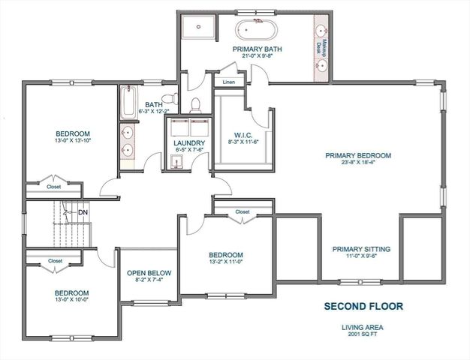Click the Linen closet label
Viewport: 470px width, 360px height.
click(228, 81)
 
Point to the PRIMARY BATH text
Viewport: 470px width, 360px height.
click(256, 49)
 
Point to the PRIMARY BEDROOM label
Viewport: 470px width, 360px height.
click(358, 156)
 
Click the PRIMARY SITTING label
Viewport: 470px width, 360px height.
click(361, 249)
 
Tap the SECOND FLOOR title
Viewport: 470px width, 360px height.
click(363, 306)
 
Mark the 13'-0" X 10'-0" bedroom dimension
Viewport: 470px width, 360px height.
click(71, 301)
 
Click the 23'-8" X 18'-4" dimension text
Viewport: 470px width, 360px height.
click(358, 165)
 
